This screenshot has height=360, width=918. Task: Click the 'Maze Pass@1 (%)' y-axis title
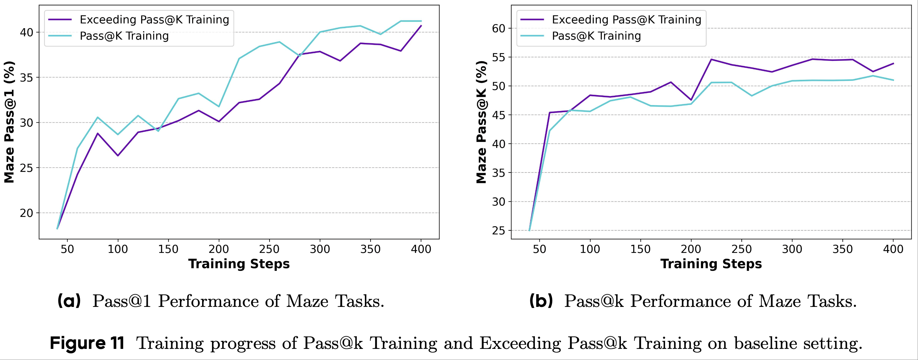9,122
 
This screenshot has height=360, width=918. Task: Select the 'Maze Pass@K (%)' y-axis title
481,122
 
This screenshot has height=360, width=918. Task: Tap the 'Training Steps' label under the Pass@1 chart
239,264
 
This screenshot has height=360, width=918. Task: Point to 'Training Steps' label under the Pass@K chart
711,264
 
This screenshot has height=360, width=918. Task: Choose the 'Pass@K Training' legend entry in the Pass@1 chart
124,36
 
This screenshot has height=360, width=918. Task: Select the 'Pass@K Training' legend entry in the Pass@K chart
596,36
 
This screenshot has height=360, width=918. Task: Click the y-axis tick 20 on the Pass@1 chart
26,213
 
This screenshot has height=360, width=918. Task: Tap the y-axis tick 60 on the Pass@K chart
498,28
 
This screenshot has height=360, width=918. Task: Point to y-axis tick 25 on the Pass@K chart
498,231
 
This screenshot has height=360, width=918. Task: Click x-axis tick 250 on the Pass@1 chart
269,249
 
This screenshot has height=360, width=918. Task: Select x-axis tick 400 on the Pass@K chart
893,249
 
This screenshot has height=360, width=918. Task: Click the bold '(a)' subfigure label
69,301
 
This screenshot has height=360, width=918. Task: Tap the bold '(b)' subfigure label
541,301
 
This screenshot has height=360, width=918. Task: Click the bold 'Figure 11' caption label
87,343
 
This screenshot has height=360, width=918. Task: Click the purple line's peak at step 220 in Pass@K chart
711,59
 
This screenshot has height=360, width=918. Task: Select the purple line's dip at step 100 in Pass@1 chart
118,155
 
